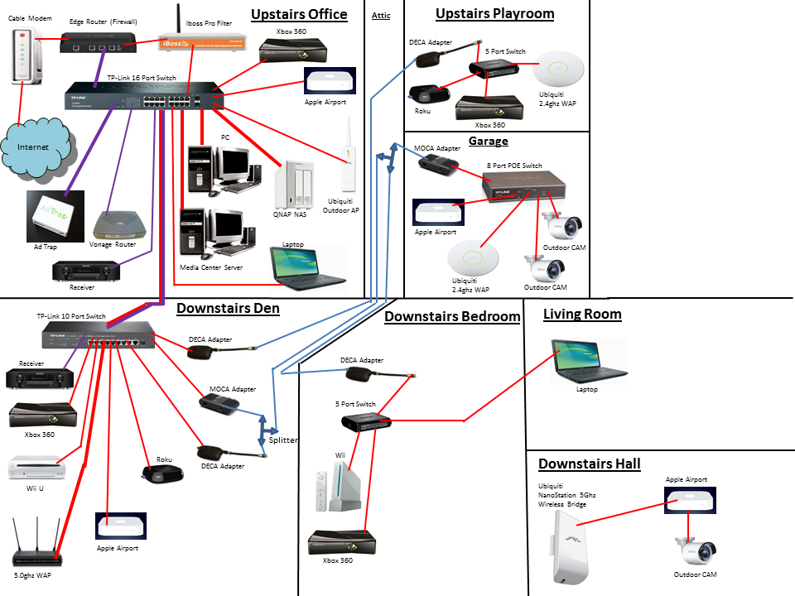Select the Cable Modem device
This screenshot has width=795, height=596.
click(x=25, y=55)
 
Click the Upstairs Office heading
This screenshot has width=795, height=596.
click(x=299, y=13)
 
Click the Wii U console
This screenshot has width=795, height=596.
click(x=33, y=469)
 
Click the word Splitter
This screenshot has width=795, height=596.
click(x=283, y=440)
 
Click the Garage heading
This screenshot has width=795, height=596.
click(x=488, y=142)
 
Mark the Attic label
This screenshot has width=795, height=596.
click(x=381, y=15)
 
